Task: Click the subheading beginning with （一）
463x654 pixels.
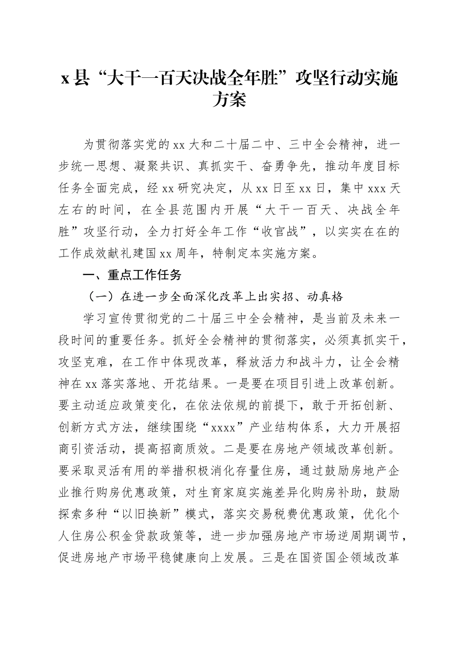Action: pos(215,296)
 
